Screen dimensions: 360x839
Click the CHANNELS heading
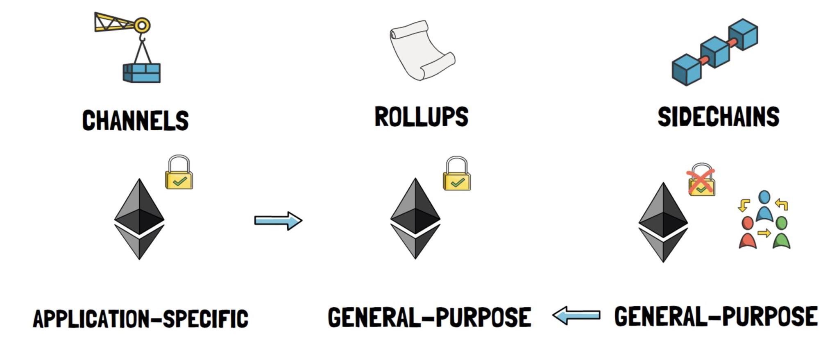click(x=136, y=120)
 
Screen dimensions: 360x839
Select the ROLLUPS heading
click(x=421, y=117)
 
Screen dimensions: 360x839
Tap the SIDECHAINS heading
click(x=718, y=117)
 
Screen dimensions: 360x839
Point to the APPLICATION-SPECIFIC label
click(x=141, y=319)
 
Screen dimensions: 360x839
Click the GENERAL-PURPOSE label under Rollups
click(x=429, y=317)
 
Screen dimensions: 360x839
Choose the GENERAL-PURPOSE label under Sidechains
click(x=716, y=317)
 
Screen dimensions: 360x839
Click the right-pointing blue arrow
click(x=278, y=221)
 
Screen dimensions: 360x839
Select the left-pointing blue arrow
click(x=576, y=315)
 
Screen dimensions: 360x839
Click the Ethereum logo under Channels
click(x=139, y=219)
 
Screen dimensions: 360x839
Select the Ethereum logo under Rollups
click(x=415, y=218)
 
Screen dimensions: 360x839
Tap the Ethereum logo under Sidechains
click(x=663, y=222)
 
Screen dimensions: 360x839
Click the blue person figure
click(x=764, y=206)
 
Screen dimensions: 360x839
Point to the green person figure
click(x=782, y=233)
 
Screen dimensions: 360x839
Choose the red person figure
click(x=748, y=233)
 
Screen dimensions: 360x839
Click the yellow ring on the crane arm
click(x=142, y=26)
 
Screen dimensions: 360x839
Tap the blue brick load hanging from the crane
click(x=142, y=73)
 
